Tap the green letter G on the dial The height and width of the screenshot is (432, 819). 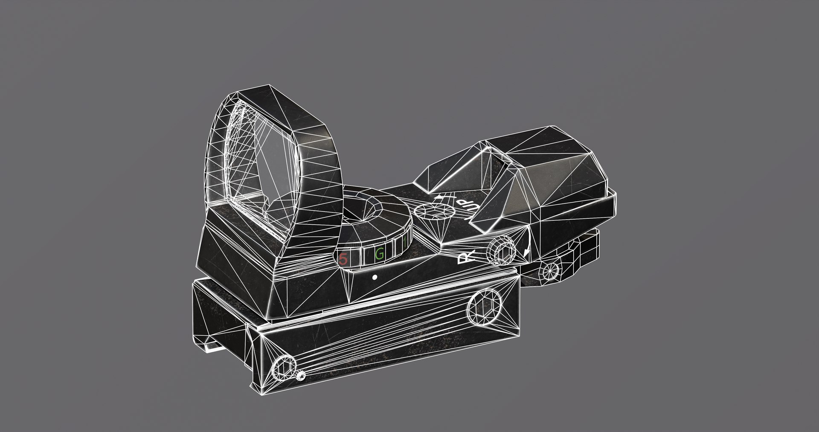click(x=379, y=254)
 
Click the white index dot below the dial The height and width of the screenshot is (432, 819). click(x=375, y=277)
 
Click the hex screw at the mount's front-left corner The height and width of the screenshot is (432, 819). click(x=284, y=366)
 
